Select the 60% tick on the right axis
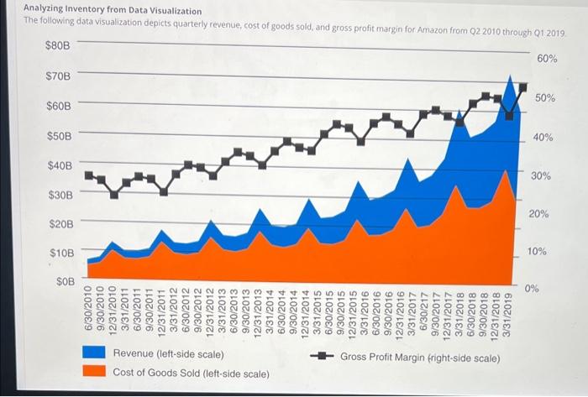tap(546, 59)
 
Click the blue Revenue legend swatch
tap(94, 353)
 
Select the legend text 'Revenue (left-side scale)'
tap(168, 353)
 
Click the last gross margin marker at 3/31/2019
tap(523, 86)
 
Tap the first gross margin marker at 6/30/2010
tap(89, 175)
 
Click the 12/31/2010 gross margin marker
tap(114, 195)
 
